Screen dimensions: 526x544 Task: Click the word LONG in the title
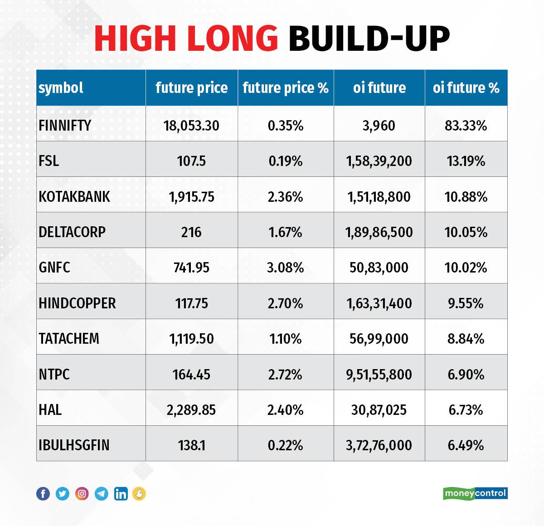point(232,38)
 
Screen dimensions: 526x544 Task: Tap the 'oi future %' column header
point(466,88)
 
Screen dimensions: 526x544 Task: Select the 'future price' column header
point(191,88)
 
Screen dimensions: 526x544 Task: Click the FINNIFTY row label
point(65,125)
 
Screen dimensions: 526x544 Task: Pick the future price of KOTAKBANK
point(191,196)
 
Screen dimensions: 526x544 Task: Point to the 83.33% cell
point(466,125)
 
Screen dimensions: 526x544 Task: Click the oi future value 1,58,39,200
point(379,161)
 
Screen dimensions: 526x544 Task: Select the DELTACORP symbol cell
point(72,232)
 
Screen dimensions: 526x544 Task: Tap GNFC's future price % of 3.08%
point(285,268)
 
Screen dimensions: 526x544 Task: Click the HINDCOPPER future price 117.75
point(191,303)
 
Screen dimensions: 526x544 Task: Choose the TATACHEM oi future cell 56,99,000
point(379,339)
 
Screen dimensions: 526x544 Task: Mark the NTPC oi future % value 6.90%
point(466,374)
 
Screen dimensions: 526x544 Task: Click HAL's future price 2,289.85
point(191,410)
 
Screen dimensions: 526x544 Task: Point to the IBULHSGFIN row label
point(74,445)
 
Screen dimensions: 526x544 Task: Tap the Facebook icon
point(43,493)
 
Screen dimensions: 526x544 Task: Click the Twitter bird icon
point(63,493)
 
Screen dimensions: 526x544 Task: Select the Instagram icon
point(82,493)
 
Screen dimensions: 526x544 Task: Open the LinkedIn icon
point(121,493)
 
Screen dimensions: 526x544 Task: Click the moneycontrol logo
point(475,493)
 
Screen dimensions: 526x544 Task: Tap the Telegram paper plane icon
point(102,493)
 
